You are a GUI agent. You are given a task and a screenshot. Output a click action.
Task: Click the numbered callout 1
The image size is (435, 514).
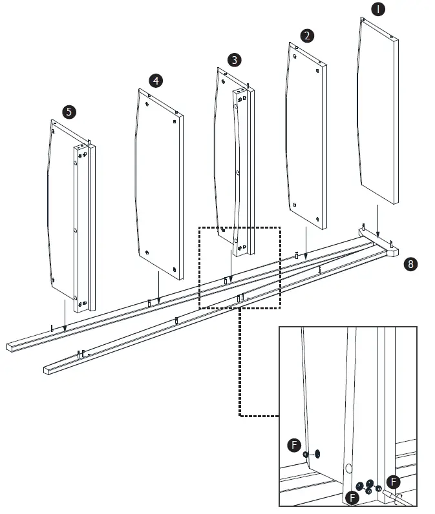coord(378,9)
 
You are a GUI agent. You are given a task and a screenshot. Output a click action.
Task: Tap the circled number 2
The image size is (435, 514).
coord(307,35)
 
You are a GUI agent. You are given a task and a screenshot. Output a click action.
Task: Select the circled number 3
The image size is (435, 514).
coord(235,59)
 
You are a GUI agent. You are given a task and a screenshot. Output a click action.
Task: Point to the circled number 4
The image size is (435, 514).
coord(156,81)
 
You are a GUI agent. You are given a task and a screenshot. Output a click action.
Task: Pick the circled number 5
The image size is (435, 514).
coord(69,112)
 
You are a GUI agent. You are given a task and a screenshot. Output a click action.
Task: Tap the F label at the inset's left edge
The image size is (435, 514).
coord(294,445)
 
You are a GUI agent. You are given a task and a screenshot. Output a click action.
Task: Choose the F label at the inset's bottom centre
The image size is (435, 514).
coord(352,497)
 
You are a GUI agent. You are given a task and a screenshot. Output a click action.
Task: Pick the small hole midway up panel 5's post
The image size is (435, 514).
coord(76,230)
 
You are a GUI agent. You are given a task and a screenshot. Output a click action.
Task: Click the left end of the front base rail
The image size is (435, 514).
coord(49,370)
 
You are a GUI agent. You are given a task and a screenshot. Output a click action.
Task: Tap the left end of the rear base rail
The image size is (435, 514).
coord(11,347)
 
